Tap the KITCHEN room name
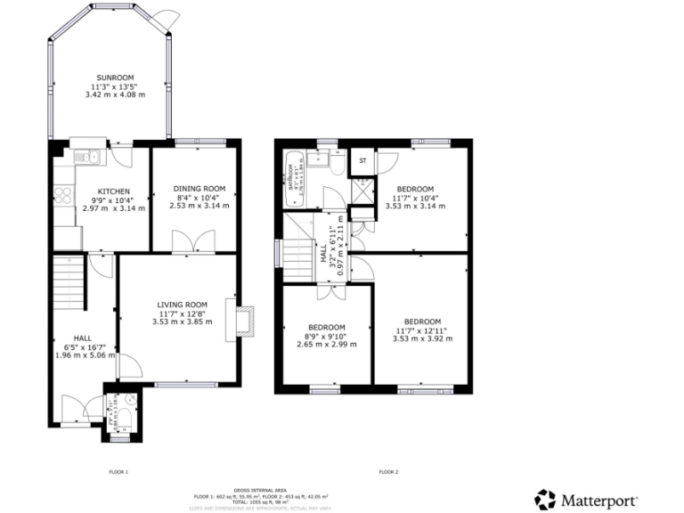[x=114, y=191]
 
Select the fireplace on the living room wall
[x=241, y=320]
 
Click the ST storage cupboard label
[x=362, y=161]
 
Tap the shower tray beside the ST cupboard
[x=363, y=191]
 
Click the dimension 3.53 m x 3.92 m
[x=421, y=338]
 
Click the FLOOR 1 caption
[x=118, y=471]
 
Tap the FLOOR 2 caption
[x=388, y=471]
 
